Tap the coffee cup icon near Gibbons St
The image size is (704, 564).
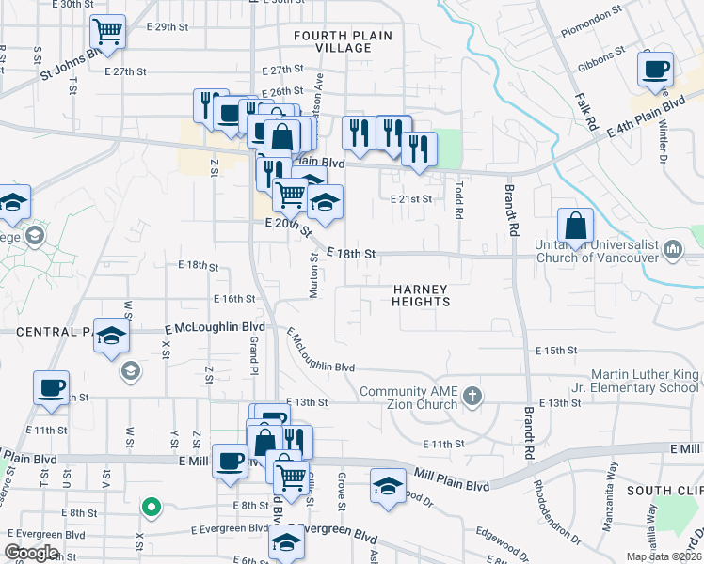point(655,68)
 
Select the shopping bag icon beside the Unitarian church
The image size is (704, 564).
point(575,226)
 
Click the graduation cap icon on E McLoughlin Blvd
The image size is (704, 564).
point(111,337)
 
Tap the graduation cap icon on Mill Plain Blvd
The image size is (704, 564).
point(388,486)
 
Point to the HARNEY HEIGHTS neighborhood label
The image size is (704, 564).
point(421,295)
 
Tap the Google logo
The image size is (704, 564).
point(32,553)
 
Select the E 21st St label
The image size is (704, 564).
point(410,198)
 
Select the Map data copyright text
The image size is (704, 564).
point(664,556)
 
